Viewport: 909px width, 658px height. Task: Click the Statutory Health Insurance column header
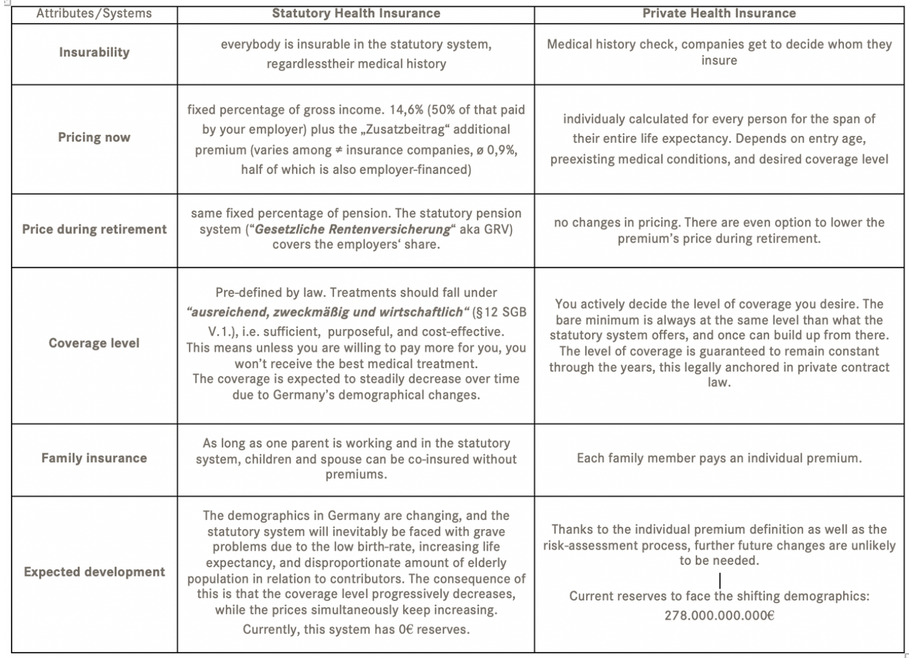coord(356,13)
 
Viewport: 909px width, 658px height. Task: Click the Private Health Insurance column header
coord(719,13)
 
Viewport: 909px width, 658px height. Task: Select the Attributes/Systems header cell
coord(94,13)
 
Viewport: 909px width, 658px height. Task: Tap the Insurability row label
coord(94,53)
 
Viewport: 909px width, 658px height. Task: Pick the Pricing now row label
coord(94,137)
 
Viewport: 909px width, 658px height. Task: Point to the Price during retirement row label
coord(94,229)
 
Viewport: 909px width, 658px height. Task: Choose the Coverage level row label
coord(94,343)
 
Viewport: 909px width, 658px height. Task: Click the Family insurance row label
coord(94,458)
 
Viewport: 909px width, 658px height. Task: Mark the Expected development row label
coord(94,572)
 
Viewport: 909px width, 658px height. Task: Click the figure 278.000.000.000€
coord(719,616)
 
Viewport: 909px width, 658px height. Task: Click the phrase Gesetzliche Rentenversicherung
coord(353,230)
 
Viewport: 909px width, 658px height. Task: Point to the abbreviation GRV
coord(498,230)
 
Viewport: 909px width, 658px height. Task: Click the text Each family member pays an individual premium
coord(719,458)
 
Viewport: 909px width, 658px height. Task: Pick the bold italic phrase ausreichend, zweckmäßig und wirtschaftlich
coord(327,312)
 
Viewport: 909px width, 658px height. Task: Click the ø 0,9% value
coord(496,150)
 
